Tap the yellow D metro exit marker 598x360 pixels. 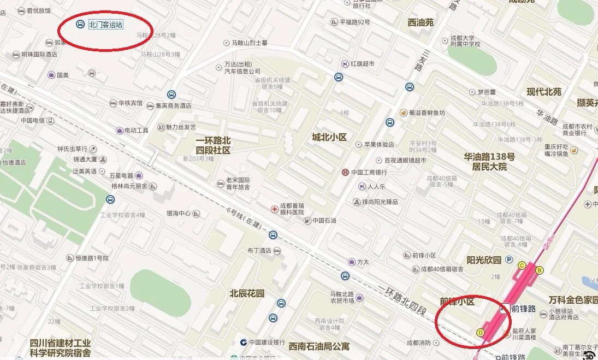[x=481, y=332]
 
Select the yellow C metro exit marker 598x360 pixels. [x=522, y=265]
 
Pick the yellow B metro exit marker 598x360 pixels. [x=540, y=270]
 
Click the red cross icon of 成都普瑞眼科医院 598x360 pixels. [x=275, y=209]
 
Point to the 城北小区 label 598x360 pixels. [x=329, y=137]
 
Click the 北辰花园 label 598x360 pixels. [x=247, y=293]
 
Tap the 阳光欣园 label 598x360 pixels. [x=484, y=260]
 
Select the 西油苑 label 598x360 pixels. [x=420, y=22]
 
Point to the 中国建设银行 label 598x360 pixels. [x=267, y=343]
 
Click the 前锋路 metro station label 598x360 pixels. [x=523, y=309]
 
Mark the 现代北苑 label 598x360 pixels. [x=544, y=92]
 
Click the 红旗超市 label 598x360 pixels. [x=363, y=64]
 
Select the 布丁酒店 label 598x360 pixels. [x=259, y=251]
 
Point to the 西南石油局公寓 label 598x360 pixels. [x=319, y=346]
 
